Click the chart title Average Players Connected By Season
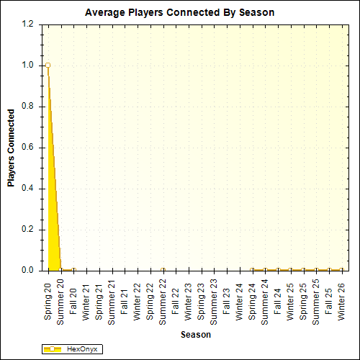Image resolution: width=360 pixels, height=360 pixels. click(179, 13)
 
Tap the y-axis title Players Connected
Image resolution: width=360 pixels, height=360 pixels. click(11, 148)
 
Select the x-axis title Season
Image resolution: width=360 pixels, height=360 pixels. click(196, 335)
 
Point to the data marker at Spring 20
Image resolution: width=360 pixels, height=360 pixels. click(48, 65)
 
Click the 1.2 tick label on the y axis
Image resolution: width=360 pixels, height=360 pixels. click(27, 24)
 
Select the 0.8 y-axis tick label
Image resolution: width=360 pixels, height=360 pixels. click(27, 107)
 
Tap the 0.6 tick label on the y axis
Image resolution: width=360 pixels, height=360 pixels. click(27, 148)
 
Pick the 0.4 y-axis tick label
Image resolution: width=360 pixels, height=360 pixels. click(27, 189)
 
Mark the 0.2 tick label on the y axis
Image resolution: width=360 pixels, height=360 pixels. click(27, 230)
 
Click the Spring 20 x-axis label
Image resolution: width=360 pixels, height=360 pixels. click(48, 302)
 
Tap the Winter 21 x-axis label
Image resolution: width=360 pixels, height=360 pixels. click(86, 302)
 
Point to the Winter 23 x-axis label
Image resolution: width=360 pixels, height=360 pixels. click(189, 302)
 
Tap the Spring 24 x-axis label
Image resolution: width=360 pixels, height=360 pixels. click(252, 302)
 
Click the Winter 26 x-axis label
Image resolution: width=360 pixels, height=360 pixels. click(341, 302)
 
